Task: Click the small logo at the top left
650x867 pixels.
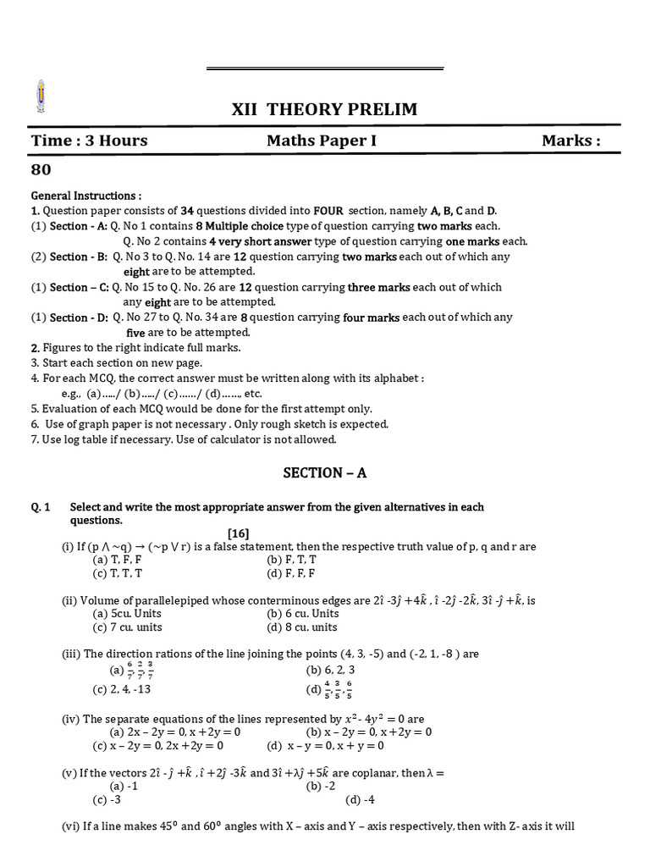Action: coord(40,97)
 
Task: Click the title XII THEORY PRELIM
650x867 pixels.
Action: coord(324,109)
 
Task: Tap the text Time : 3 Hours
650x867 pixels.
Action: coord(89,141)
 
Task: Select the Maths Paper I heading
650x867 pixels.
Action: coord(322,141)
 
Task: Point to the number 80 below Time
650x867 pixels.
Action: coord(41,169)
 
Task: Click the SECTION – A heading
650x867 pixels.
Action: coord(324,473)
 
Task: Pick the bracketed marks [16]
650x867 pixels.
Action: coord(238,533)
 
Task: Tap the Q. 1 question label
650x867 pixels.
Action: coord(41,507)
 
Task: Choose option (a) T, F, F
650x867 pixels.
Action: coord(118,560)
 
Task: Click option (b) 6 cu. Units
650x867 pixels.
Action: coord(302,613)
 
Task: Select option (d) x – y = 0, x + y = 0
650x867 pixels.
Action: coord(325,746)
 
